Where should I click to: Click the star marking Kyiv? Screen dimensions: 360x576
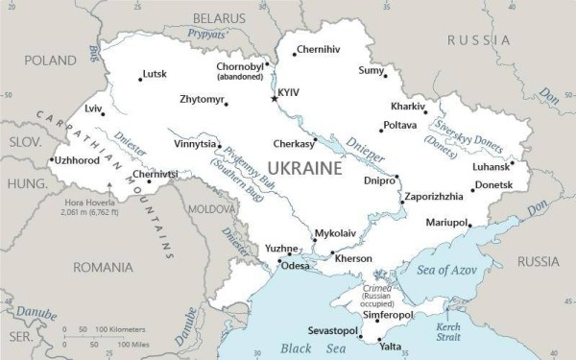tap(274, 98)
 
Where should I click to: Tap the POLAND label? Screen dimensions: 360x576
tap(50, 60)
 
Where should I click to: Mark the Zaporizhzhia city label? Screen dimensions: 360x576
tap(434, 196)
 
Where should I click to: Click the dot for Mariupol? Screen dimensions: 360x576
tap(469, 226)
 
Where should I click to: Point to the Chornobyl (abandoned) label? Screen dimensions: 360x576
tap(239, 73)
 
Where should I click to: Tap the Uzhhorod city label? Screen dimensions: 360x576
tap(77, 160)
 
